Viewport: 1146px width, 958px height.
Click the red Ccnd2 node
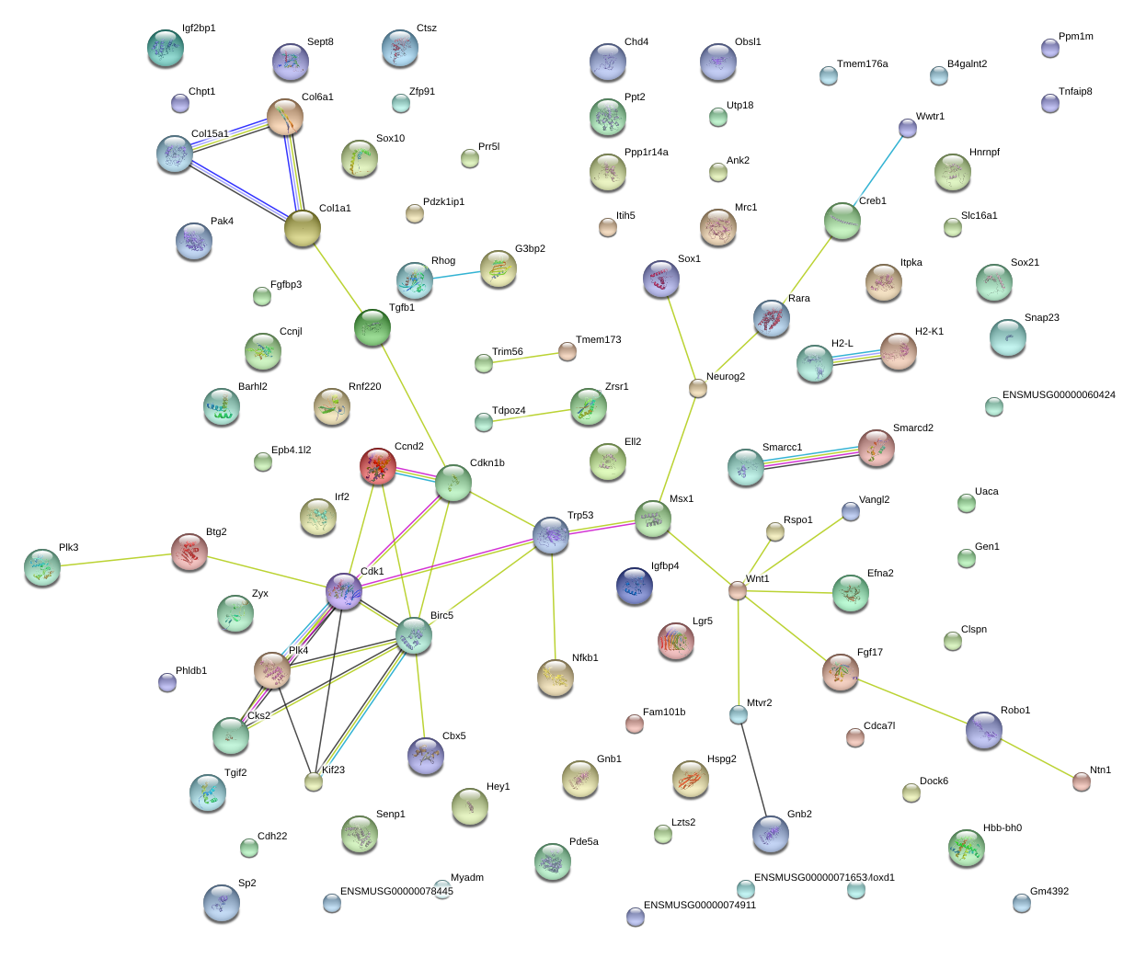[378, 466]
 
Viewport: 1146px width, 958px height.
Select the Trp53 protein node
[551, 535]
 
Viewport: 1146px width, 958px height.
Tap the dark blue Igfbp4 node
[635, 586]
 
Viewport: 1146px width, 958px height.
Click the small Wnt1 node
[737, 590]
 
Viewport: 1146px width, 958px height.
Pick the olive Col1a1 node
[303, 228]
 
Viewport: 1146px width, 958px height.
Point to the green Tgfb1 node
[372, 327]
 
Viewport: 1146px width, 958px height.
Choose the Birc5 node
[413, 635]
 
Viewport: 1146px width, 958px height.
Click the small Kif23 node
[314, 781]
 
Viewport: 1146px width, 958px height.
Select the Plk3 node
[42, 567]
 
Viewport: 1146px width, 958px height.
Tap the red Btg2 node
[189, 552]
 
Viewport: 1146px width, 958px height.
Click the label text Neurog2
[726, 376]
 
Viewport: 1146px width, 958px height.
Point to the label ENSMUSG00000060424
[1059, 394]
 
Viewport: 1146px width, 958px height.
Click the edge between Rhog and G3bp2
[456, 276]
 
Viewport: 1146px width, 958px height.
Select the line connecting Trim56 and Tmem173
[525, 358]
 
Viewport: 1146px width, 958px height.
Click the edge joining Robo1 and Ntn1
[1037, 758]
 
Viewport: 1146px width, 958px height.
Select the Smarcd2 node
[876, 448]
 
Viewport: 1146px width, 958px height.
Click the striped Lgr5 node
[676, 640]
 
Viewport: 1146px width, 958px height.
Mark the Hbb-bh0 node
[967, 847]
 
